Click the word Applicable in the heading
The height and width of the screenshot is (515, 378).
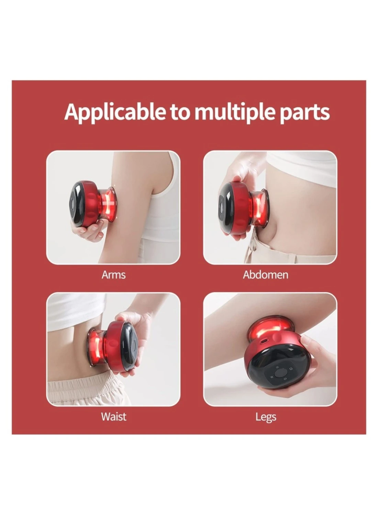pyautogui.click(x=115, y=112)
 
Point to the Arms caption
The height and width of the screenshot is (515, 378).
pyautogui.click(x=114, y=275)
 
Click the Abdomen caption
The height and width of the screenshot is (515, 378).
pyautogui.click(x=266, y=275)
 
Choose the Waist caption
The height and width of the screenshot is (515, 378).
pyautogui.click(x=114, y=417)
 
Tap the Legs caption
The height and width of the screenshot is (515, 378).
pyautogui.click(x=266, y=417)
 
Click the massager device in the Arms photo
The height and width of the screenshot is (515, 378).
pyautogui.click(x=93, y=204)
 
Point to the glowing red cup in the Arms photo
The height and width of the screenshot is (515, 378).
pyautogui.click(x=108, y=205)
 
